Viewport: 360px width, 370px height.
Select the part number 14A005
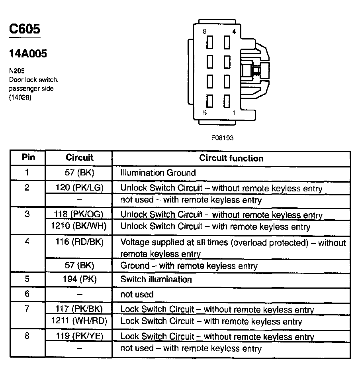point(28,53)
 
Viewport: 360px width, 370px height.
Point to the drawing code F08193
point(222,138)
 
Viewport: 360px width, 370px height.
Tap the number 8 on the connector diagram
point(204,32)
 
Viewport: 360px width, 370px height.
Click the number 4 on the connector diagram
point(234,32)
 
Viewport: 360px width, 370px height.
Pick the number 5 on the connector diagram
point(205,113)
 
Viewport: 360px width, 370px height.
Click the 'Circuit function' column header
point(231,158)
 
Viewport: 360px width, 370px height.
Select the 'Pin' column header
point(27,157)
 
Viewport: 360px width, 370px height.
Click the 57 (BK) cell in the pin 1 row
point(79,173)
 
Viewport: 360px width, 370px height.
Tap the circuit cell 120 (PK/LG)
point(79,188)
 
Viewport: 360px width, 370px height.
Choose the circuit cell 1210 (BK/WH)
point(79,226)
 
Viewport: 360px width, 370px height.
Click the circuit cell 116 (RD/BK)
point(79,242)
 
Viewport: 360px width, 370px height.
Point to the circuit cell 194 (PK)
point(79,279)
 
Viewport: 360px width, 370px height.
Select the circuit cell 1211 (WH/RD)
point(79,321)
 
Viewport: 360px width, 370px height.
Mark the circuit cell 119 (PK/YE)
point(79,336)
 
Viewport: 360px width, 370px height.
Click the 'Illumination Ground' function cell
point(158,173)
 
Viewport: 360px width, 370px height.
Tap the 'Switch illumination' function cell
point(156,279)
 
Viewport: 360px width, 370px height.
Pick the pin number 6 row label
point(27,294)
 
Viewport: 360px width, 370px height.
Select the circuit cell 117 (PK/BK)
point(79,309)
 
